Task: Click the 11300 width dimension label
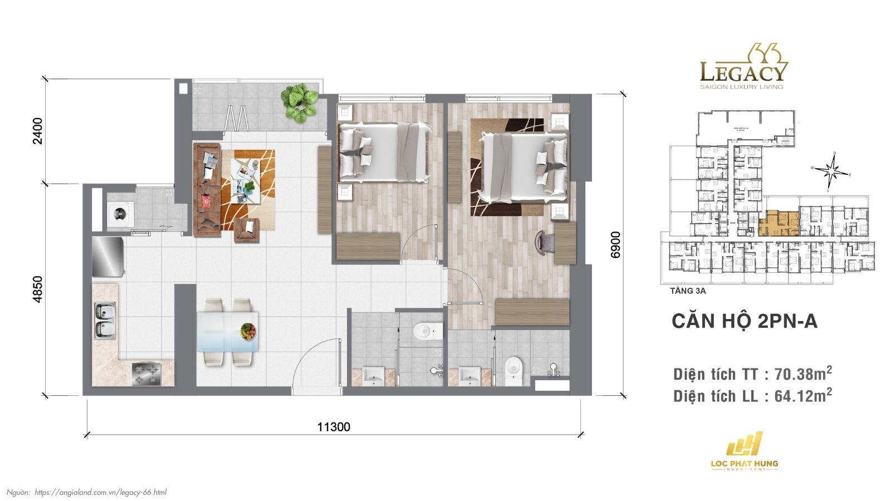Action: pyautogui.click(x=334, y=427)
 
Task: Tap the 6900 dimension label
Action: pyautogui.click(x=615, y=245)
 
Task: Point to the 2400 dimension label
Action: pyautogui.click(x=37, y=131)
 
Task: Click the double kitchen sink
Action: pyautogui.click(x=105, y=321)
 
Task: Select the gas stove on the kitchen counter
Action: pyautogui.click(x=146, y=374)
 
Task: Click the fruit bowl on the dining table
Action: pyautogui.click(x=248, y=332)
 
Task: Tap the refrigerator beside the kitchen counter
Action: pyautogui.click(x=107, y=257)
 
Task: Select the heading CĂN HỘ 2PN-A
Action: pyautogui.click(x=744, y=321)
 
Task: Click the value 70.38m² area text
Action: pyautogui.click(x=803, y=374)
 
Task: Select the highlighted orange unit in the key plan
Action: pyautogui.click(x=781, y=224)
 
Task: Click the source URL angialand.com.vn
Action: pyautogui.click(x=100, y=492)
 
